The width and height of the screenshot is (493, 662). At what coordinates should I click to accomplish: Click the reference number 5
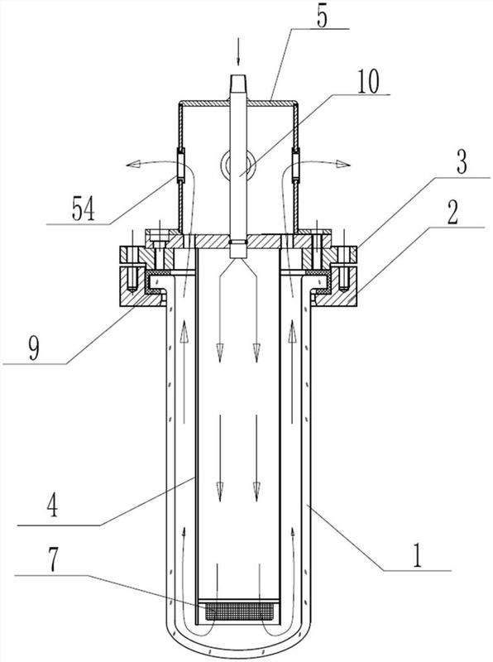pos(322,17)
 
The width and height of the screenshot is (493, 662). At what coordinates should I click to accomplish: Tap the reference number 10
pos(368,81)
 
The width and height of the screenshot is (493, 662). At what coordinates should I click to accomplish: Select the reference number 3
pos(462,162)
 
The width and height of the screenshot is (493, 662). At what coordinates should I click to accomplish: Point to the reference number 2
pos(452,213)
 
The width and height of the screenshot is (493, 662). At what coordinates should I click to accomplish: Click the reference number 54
pos(84,209)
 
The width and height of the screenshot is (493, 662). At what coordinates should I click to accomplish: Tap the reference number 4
pos(52,506)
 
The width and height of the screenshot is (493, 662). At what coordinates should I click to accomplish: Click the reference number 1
pos(417,555)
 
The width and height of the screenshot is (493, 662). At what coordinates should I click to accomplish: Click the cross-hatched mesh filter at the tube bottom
pos(238,611)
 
